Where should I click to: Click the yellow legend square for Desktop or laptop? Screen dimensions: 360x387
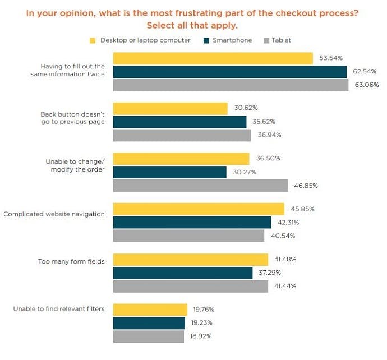93,40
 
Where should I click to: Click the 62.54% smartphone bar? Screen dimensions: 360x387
230,72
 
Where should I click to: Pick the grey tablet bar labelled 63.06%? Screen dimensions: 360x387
231,85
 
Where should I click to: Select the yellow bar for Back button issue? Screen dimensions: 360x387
171,108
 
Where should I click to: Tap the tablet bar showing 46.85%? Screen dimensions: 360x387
201,186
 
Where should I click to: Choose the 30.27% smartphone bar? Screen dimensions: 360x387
170,172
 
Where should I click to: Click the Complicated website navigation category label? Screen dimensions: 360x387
54,214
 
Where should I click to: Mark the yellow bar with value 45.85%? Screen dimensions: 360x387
199,209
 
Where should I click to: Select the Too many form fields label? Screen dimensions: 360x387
71,261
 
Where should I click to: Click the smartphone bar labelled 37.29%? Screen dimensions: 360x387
183,273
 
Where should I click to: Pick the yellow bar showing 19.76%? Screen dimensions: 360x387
150,310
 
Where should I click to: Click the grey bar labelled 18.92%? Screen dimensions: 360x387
149,336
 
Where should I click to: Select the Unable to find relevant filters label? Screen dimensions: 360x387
59,309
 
